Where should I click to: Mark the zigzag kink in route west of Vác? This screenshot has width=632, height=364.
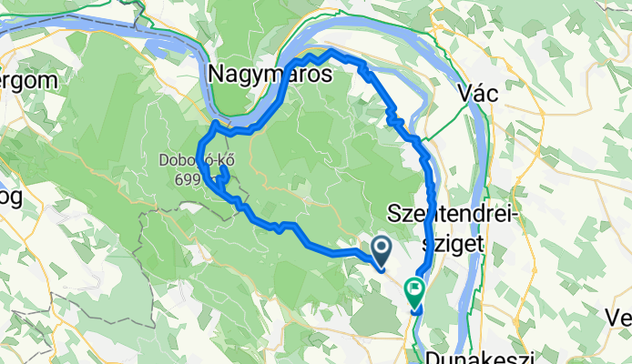pos(393,116)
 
